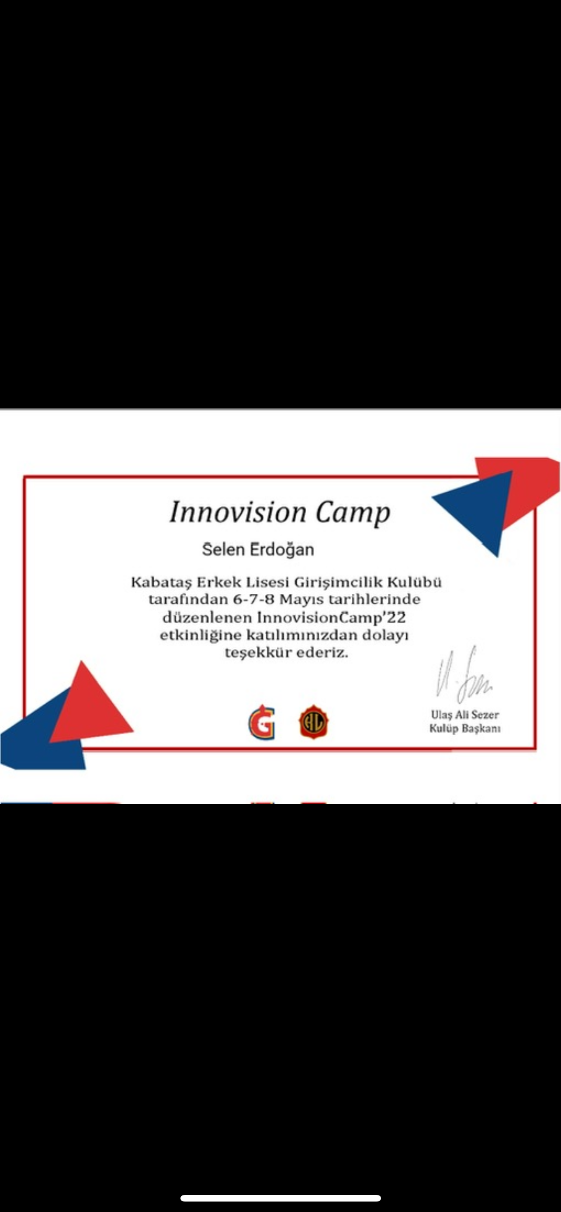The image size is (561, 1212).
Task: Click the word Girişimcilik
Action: pyautogui.click(x=339, y=583)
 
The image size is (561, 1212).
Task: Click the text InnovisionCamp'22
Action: pyautogui.click(x=331, y=618)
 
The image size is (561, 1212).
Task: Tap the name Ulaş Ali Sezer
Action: pyautogui.click(x=465, y=715)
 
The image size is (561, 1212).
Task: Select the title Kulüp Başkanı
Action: pyautogui.click(x=465, y=729)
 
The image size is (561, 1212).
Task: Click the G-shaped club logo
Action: pyautogui.click(x=262, y=722)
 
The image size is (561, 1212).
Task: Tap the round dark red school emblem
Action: pyautogui.click(x=314, y=722)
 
